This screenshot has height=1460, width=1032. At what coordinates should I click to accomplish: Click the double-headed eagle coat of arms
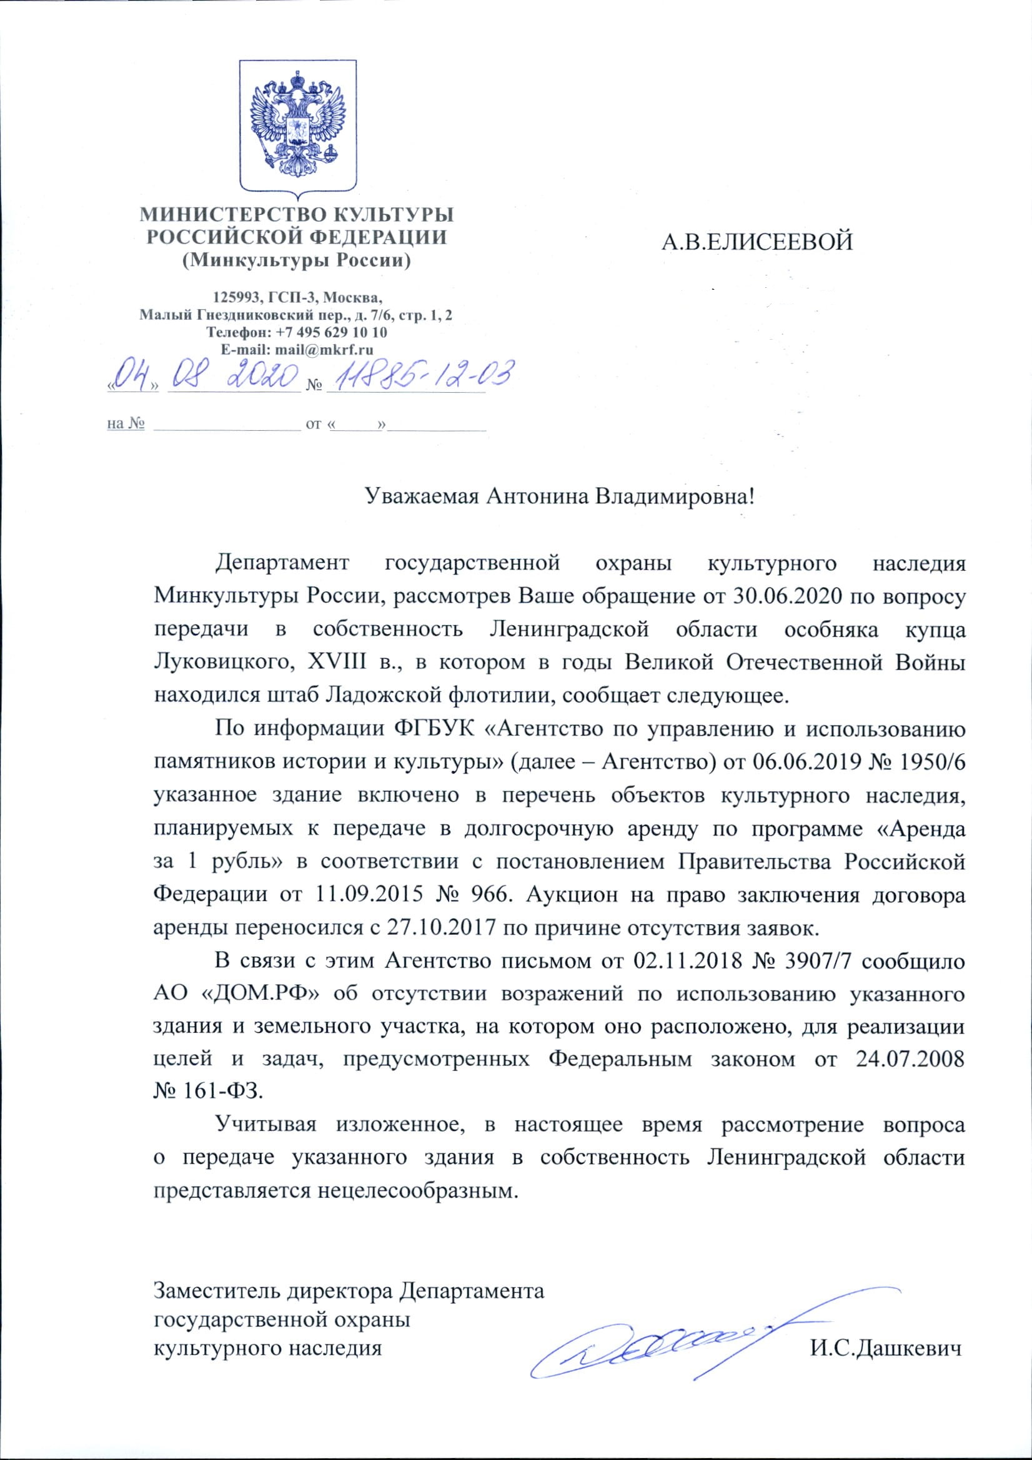[297, 125]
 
